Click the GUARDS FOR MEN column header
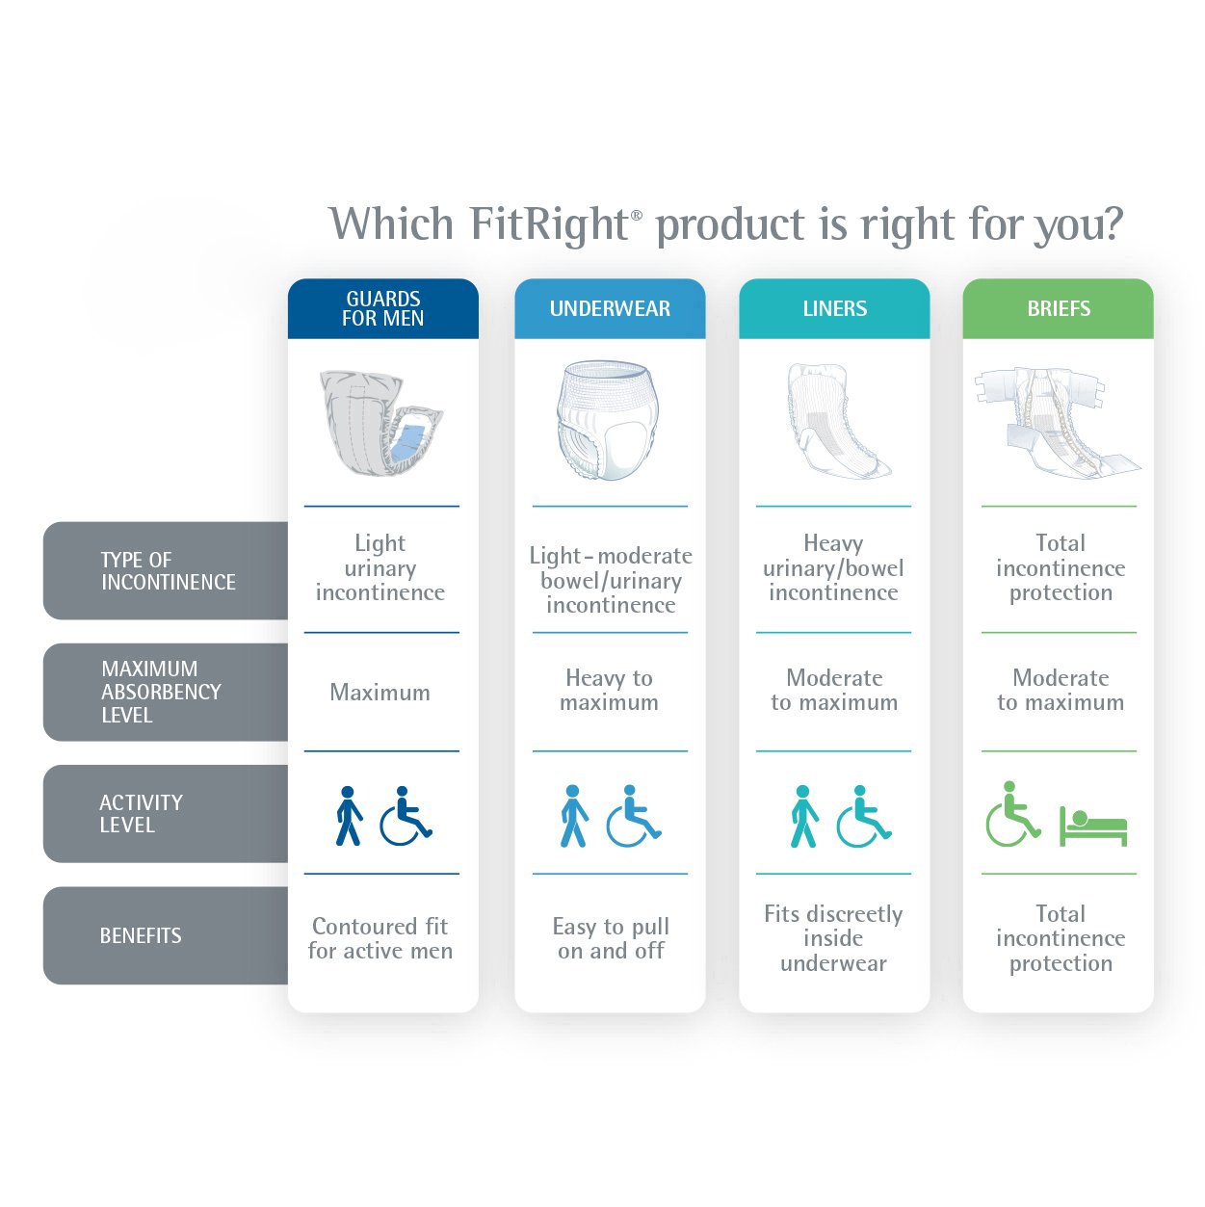(382, 308)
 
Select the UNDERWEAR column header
(610, 308)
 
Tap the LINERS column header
(834, 308)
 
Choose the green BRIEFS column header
(1058, 308)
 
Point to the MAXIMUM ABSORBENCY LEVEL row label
(161, 692)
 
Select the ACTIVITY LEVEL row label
(141, 813)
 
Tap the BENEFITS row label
(141, 935)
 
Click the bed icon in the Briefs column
(1093, 827)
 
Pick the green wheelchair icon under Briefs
(1011, 815)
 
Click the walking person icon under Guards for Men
(349, 816)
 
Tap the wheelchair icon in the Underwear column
(632, 816)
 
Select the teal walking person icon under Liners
(803, 816)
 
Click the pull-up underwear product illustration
(607, 421)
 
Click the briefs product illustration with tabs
(1056, 422)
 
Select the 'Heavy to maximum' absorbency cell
(609, 690)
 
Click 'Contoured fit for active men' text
(380, 938)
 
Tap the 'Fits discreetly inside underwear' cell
(833, 938)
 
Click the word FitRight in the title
(549, 223)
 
